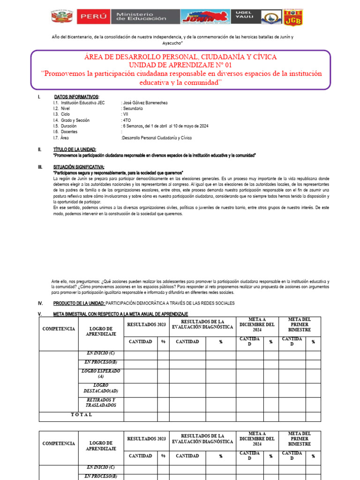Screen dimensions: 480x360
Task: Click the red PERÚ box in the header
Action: [x=94, y=17]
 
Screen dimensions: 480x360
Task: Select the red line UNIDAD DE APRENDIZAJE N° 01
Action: [x=180, y=66]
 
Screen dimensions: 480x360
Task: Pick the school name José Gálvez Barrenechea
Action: [x=144, y=102]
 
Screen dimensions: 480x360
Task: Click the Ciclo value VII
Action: [x=126, y=114]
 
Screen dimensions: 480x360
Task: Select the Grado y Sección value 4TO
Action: [x=127, y=120]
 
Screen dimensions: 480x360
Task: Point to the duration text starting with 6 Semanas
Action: [x=165, y=126]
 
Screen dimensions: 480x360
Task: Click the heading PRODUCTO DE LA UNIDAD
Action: [x=79, y=303]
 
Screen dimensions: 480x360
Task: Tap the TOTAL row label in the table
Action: [x=82, y=415]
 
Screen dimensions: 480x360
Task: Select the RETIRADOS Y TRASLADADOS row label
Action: [x=101, y=403]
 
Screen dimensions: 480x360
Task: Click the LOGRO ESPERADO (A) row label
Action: [x=101, y=374]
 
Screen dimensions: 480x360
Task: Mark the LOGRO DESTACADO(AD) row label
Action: [x=101, y=388]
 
